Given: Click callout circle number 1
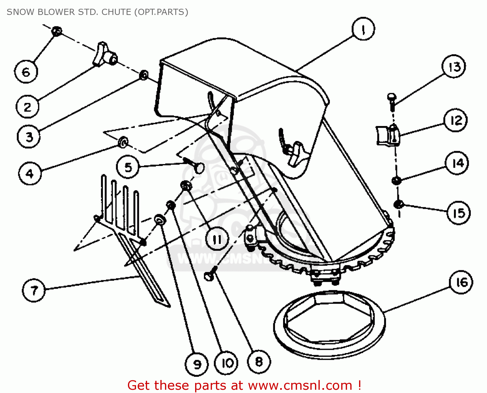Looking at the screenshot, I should coord(363,29).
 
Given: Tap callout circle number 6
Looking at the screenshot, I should coord(26,72).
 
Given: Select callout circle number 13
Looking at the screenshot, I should coord(454,67).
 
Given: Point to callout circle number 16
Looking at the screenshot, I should coord(461,282).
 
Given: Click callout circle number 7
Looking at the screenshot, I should coord(34,290).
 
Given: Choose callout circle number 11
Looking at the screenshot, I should coord(217,239).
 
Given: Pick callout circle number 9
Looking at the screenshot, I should coord(197,364).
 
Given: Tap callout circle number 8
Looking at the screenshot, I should coord(259,361).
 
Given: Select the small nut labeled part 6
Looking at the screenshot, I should coord(57,31).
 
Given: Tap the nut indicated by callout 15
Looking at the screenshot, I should coord(398,204).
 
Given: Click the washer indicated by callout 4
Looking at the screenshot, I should coord(123,142).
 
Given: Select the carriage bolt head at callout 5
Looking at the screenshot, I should coord(198,167).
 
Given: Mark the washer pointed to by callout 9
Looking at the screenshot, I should coord(160,220).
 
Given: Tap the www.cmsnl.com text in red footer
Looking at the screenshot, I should coord(300,386).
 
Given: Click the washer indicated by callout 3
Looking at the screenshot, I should coord(144,75).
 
